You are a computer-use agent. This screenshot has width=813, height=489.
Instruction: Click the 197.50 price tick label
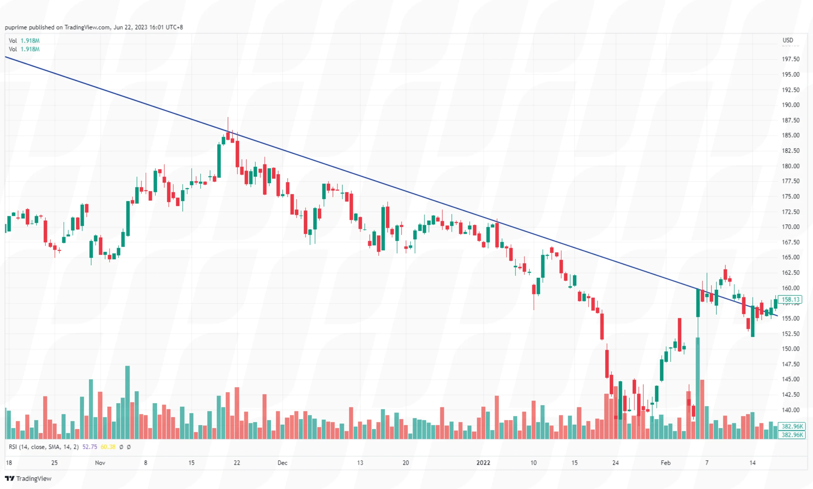click(x=790, y=59)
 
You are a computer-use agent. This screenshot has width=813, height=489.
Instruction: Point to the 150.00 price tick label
click(x=790, y=349)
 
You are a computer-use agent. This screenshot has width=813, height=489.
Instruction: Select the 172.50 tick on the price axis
click(x=790, y=212)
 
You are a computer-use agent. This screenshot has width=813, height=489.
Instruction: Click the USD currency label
click(x=788, y=40)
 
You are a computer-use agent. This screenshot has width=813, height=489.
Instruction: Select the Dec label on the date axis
click(x=282, y=463)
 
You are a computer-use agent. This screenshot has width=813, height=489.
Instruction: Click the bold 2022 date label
click(x=483, y=463)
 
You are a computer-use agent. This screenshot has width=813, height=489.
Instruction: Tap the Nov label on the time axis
click(x=100, y=463)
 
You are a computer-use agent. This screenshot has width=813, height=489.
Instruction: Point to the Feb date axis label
click(x=665, y=463)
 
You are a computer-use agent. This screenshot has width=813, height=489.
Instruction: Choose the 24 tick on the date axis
click(x=615, y=463)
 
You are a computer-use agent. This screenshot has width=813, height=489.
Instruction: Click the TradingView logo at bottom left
click(x=28, y=479)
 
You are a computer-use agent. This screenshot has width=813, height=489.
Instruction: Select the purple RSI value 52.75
click(x=90, y=447)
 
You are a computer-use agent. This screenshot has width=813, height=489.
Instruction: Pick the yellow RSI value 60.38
click(x=108, y=447)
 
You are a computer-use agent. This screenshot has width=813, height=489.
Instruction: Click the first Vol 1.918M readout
click(x=24, y=41)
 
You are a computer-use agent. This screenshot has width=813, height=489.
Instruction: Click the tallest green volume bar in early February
click(x=697, y=389)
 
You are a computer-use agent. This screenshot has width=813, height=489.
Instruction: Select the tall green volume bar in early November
click(x=127, y=402)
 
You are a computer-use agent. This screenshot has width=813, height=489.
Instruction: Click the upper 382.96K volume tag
click(x=792, y=426)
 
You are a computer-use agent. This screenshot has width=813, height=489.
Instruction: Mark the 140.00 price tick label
click(x=790, y=410)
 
